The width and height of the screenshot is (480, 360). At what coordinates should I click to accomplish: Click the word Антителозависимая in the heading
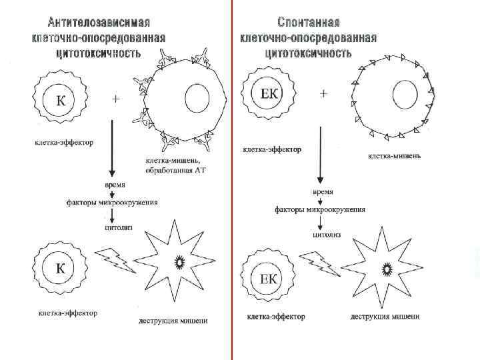click(x=99, y=21)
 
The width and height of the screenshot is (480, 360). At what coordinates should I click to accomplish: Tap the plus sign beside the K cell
click(x=116, y=99)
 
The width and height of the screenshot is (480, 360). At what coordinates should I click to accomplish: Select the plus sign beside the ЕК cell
click(x=324, y=94)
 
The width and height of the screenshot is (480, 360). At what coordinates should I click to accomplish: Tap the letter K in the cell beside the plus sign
click(x=60, y=102)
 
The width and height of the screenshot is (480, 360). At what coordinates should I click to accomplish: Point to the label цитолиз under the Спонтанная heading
click(x=327, y=234)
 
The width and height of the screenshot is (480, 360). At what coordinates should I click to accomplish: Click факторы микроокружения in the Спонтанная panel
click(x=320, y=209)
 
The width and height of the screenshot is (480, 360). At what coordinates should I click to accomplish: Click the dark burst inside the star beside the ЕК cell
click(x=387, y=269)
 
